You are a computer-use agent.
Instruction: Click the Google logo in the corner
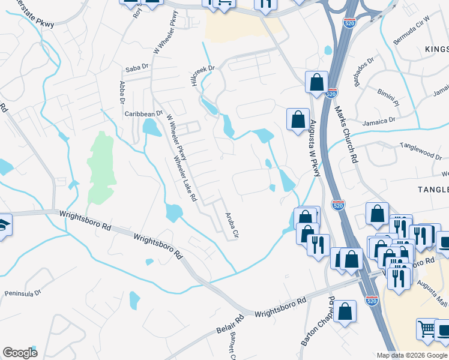click(20, 353)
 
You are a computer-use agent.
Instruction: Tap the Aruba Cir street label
click(232, 225)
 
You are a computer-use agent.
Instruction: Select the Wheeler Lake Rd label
click(185, 178)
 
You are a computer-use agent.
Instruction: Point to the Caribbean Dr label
click(143, 113)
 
